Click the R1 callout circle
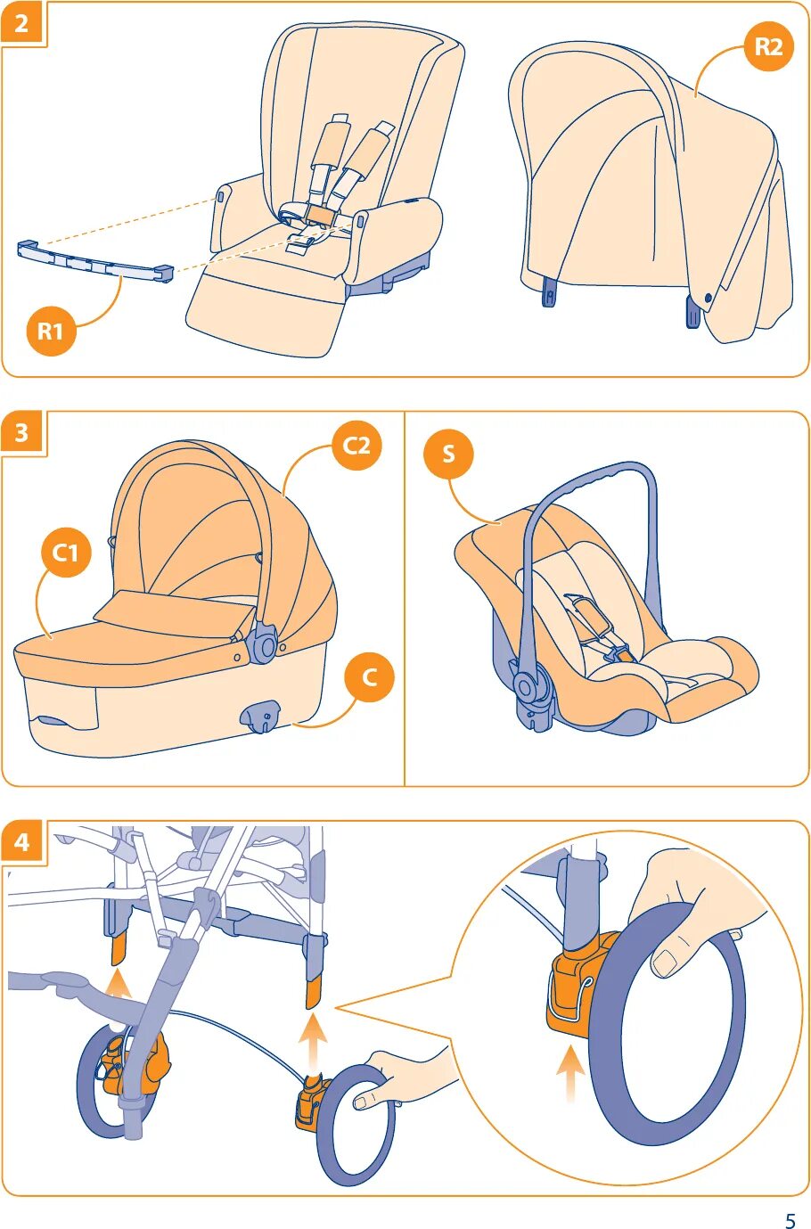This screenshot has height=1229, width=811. tap(50, 332)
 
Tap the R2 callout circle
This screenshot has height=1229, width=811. tap(769, 46)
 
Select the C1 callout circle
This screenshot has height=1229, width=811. tap(65, 553)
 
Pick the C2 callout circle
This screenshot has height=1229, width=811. tap(356, 445)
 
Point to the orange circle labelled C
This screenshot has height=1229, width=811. tap(369, 677)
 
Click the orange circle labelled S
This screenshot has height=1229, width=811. tap(449, 454)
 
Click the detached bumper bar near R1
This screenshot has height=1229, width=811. tap(95, 262)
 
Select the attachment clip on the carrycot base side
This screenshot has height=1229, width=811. tap(260, 716)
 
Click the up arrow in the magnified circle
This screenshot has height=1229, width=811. tap(571, 1074)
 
